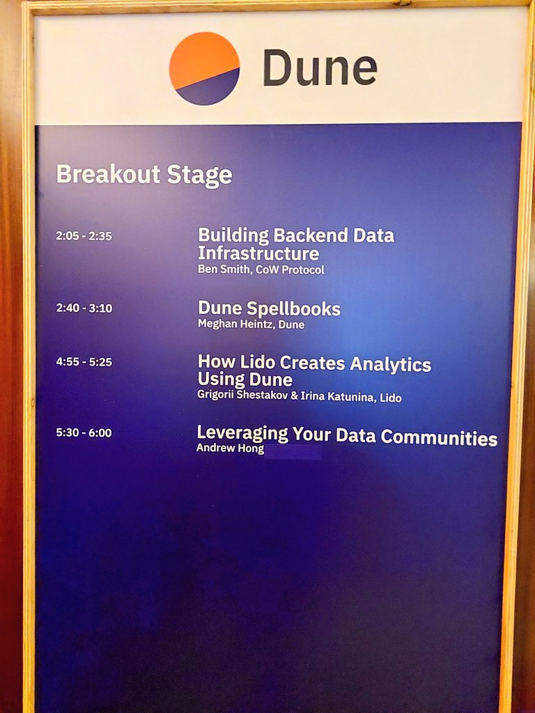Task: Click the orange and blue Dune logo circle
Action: pyautogui.click(x=204, y=68)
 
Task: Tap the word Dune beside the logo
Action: pyautogui.click(x=320, y=68)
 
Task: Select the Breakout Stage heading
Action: pyautogui.click(x=144, y=174)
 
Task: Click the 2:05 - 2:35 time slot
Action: pyautogui.click(x=84, y=236)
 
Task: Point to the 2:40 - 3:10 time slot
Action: pyautogui.click(x=84, y=308)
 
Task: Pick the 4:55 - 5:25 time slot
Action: pyautogui.click(x=84, y=361)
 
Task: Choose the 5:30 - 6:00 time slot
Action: pyautogui.click(x=84, y=432)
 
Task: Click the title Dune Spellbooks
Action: pyautogui.click(x=269, y=308)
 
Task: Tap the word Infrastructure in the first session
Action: pyautogui.click(x=258, y=253)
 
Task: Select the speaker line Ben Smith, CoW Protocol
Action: pyautogui.click(x=261, y=269)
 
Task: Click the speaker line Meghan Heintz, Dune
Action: pyautogui.click(x=251, y=324)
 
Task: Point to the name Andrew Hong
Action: pyautogui.click(x=230, y=448)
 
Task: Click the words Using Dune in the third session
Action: pyautogui.click(x=245, y=379)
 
